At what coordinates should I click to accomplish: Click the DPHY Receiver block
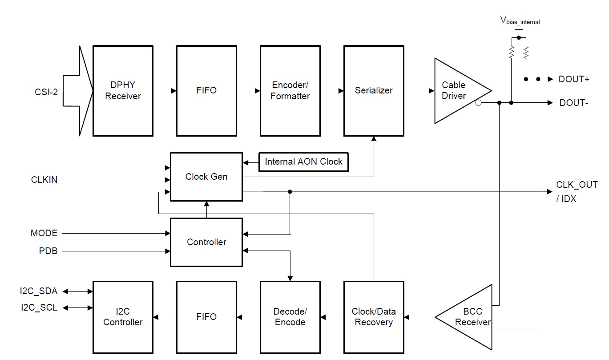click(x=123, y=90)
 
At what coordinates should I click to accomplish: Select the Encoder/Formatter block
click(x=290, y=90)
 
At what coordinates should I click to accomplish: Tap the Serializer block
click(x=374, y=90)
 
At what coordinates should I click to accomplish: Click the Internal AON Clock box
click(x=303, y=162)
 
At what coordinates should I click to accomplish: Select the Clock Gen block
click(x=206, y=177)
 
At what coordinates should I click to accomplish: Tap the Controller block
click(x=206, y=242)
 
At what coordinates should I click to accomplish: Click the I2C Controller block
click(x=123, y=317)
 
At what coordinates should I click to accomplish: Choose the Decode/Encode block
click(x=290, y=317)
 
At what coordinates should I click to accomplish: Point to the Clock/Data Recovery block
click(x=374, y=317)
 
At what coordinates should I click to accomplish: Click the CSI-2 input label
click(x=47, y=93)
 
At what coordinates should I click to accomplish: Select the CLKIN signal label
click(x=44, y=180)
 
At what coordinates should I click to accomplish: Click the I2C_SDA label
click(x=38, y=291)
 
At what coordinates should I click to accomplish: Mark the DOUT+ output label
click(x=574, y=79)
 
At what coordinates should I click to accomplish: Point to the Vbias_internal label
click(x=520, y=20)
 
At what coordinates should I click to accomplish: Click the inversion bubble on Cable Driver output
click(x=478, y=103)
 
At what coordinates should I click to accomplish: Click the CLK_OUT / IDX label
click(x=577, y=192)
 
